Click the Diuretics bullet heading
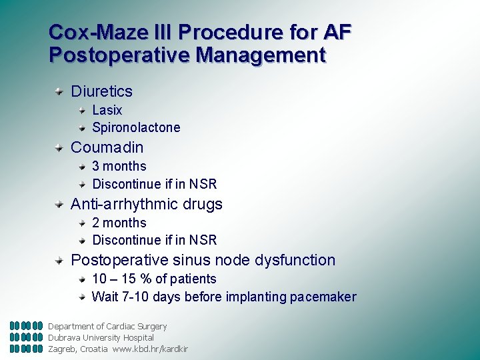click(101, 91)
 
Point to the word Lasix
click(107, 110)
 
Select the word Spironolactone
click(136, 127)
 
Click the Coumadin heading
click(107, 147)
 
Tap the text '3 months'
click(119, 166)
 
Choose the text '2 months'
click(119, 223)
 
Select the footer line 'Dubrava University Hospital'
click(101, 337)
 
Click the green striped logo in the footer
click(27, 337)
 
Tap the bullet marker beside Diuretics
click(60, 90)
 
